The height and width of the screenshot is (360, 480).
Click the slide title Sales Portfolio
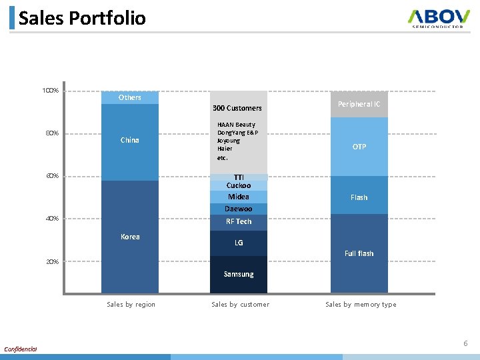pyautogui.click(x=82, y=18)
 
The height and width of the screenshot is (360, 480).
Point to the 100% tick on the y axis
pyautogui.click(x=51, y=91)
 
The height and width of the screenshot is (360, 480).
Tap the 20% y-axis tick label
pyautogui.click(x=52, y=262)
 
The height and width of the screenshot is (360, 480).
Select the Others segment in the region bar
pyautogui.click(x=130, y=97)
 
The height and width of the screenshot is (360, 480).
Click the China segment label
pyautogui.click(x=130, y=140)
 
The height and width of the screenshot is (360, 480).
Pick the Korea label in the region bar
pyautogui.click(x=130, y=237)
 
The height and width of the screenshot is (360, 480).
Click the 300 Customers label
pyautogui.click(x=237, y=108)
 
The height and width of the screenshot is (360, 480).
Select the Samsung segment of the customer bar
pyautogui.click(x=239, y=274)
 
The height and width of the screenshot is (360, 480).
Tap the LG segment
pyautogui.click(x=239, y=243)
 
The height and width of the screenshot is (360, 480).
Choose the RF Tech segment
pyautogui.click(x=239, y=221)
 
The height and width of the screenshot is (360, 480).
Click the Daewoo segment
pyautogui.click(x=239, y=209)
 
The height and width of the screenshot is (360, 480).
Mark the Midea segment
pyautogui.click(x=239, y=197)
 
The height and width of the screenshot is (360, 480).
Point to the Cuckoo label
pyautogui.click(x=239, y=185)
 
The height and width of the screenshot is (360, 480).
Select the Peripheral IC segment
pyautogui.click(x=359, y=104)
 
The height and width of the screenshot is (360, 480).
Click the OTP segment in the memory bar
pyautogui.click(x=359, y=147)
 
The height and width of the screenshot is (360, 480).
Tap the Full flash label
pyautogui.click(x=359, y=253)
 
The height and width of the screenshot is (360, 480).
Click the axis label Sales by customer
pyautogui.click(x=240, y=305)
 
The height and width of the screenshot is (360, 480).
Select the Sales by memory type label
pyautogui.click(x=361, y=305)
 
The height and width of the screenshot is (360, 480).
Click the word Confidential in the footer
pyautogui.click(x=21, y=349)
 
